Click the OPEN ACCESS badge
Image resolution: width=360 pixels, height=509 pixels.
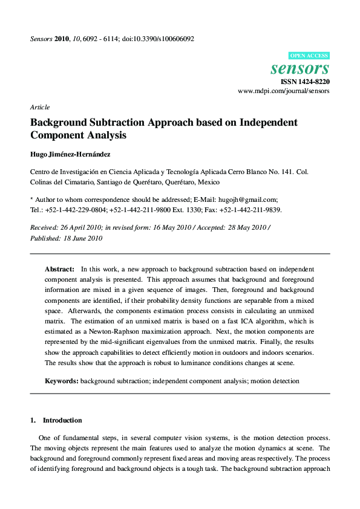pos(309,55)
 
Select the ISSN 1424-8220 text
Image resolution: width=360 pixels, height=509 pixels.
pos(305,81)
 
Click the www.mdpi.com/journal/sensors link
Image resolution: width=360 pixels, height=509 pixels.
pos(283,91)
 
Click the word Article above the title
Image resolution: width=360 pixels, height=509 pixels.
pos(40,107)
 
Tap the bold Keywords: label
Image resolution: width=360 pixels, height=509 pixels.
pos(62,381)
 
